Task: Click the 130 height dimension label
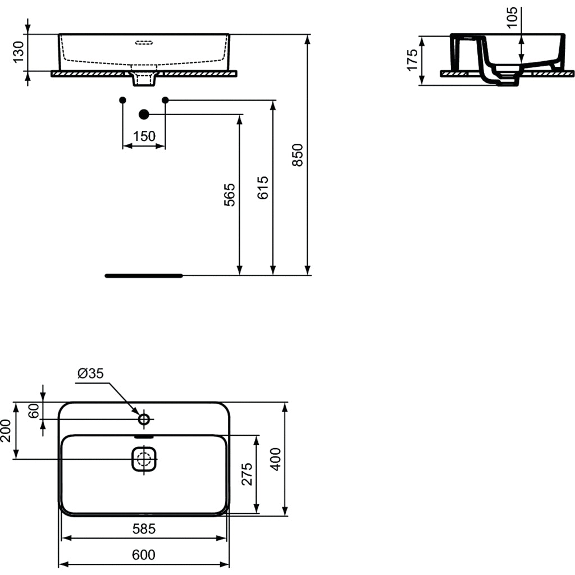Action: point(18,52)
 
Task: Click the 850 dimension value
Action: point(298,155)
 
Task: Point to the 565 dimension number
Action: point(230,195)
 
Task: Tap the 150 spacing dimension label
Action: point(144,136)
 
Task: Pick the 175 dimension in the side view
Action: point(413,61)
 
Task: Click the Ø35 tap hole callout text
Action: point(91,373)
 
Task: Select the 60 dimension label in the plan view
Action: point(34,410)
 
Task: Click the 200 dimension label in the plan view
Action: point(6,431)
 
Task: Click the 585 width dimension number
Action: point(144,528)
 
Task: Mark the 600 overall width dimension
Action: point(144,555)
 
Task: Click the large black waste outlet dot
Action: point(144,115)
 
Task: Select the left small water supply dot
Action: point(123,100)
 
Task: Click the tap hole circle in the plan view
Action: point(144,419)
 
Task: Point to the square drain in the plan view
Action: point(144,459)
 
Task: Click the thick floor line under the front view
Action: point(144,276)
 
